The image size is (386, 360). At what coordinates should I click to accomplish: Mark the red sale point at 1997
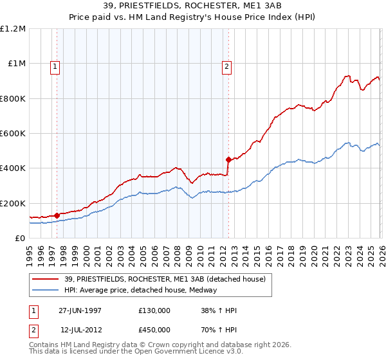click(57, 215)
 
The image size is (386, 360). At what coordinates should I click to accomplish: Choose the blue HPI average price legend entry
click(141, 290)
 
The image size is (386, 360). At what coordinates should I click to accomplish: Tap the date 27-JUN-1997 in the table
click(80, 310)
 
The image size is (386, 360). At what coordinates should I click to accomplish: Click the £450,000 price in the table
click(154, 329)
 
